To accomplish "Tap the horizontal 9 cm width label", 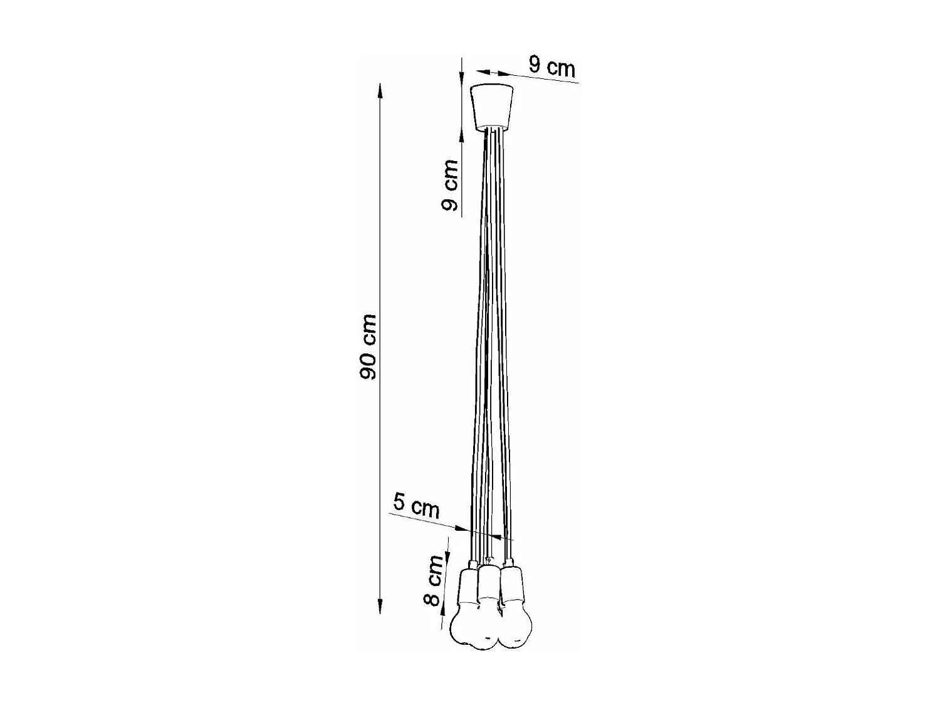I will pos(551,66).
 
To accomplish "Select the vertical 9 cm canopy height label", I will pos(450,185).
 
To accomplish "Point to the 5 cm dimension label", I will pos(416,506).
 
